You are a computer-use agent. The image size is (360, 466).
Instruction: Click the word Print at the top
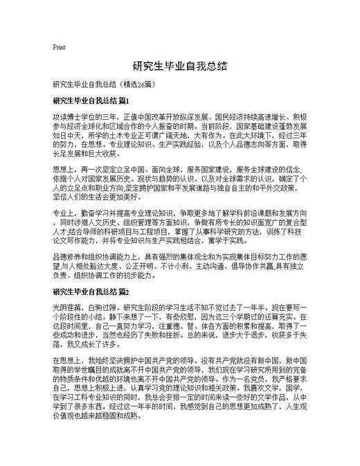point(59,47)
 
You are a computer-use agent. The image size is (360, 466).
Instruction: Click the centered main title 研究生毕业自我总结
point(180,66)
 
